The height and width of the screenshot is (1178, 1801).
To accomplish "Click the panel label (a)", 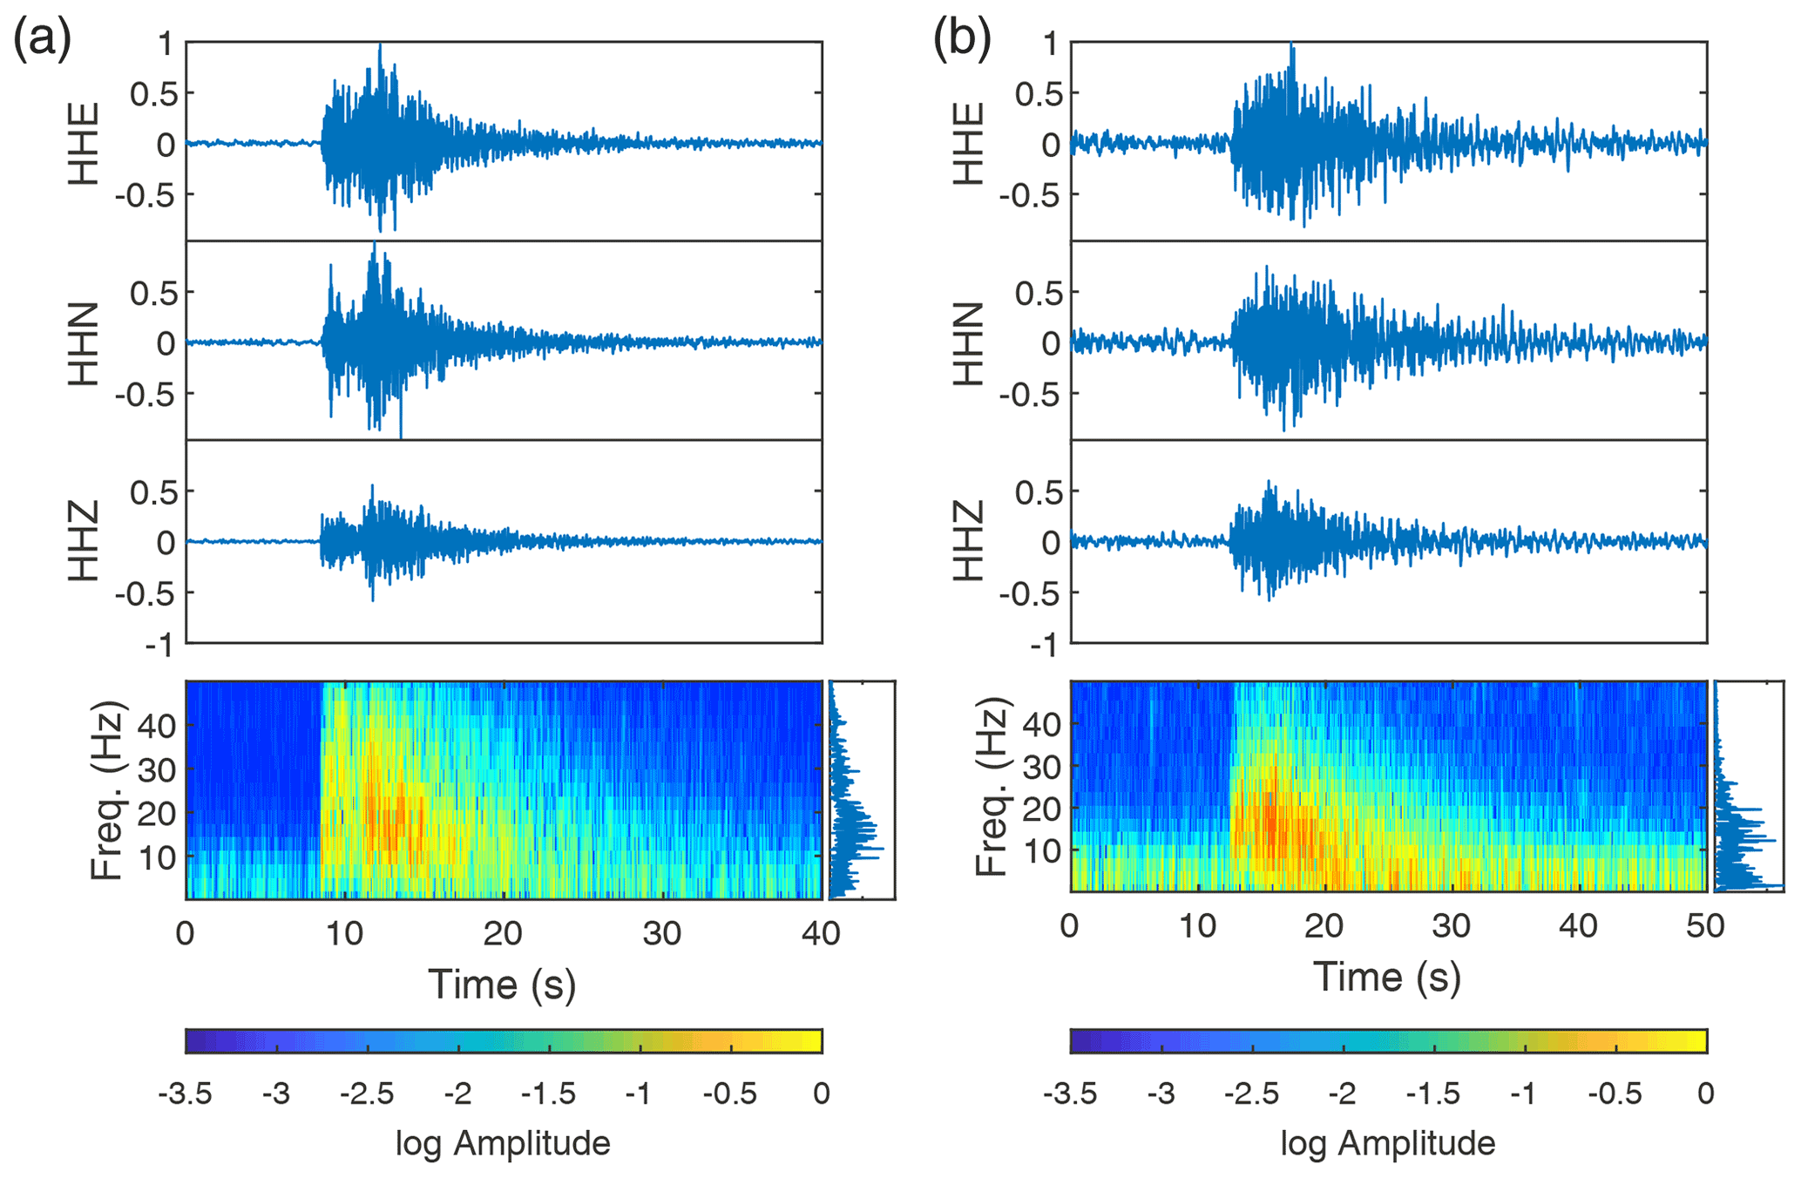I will (x=41, y=39).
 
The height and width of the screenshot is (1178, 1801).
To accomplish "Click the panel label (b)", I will (x=962, y=39).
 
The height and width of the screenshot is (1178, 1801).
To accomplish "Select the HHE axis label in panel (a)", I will (x=84, y=144).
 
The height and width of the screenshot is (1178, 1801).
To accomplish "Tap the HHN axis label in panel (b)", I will (x=968, y=343).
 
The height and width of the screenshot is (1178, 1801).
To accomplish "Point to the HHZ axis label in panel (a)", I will (x=84, y=541).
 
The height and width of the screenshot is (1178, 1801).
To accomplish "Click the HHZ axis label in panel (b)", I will (x=968, y=541).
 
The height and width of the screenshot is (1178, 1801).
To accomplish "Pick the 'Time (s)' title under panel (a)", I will (x=503, y=984).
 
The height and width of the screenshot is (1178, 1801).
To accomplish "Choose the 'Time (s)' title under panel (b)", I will (x=1387, y=977).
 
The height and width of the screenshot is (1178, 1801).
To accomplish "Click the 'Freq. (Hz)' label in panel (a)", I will (x=107, y=789).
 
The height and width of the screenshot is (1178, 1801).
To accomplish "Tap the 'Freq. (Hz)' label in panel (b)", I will (x=992, y=786).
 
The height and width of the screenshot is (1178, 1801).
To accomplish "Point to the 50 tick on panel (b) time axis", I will (x=1705, y=925).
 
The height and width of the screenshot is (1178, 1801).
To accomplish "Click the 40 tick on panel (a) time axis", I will (x=821, y=933).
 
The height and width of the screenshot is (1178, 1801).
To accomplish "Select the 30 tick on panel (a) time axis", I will (x=662, y=933).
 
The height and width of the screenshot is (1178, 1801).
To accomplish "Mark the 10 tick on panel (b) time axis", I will (x=1197, y=925).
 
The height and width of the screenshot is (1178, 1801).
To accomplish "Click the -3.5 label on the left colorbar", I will (x=185, y=1093).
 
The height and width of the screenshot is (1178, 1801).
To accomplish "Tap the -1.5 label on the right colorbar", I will (x=1433, y=1093).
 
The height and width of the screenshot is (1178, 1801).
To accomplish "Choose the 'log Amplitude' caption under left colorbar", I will (x=503, y=1142).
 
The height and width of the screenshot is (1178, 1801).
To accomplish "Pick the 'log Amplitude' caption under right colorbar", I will (x=1387, y=1142).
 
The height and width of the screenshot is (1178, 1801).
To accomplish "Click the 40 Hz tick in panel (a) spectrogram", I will (x=157, y=725).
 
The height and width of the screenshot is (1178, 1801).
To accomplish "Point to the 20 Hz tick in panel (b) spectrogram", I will (x=1041, y=809).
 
